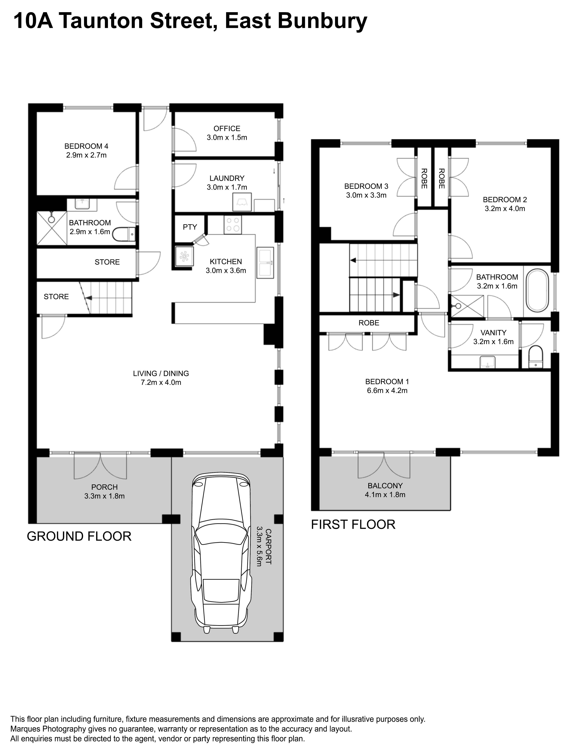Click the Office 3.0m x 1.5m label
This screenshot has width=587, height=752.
[227, 133]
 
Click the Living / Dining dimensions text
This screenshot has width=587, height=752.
[161, 382]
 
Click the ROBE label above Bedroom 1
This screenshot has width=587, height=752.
[369, 323]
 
